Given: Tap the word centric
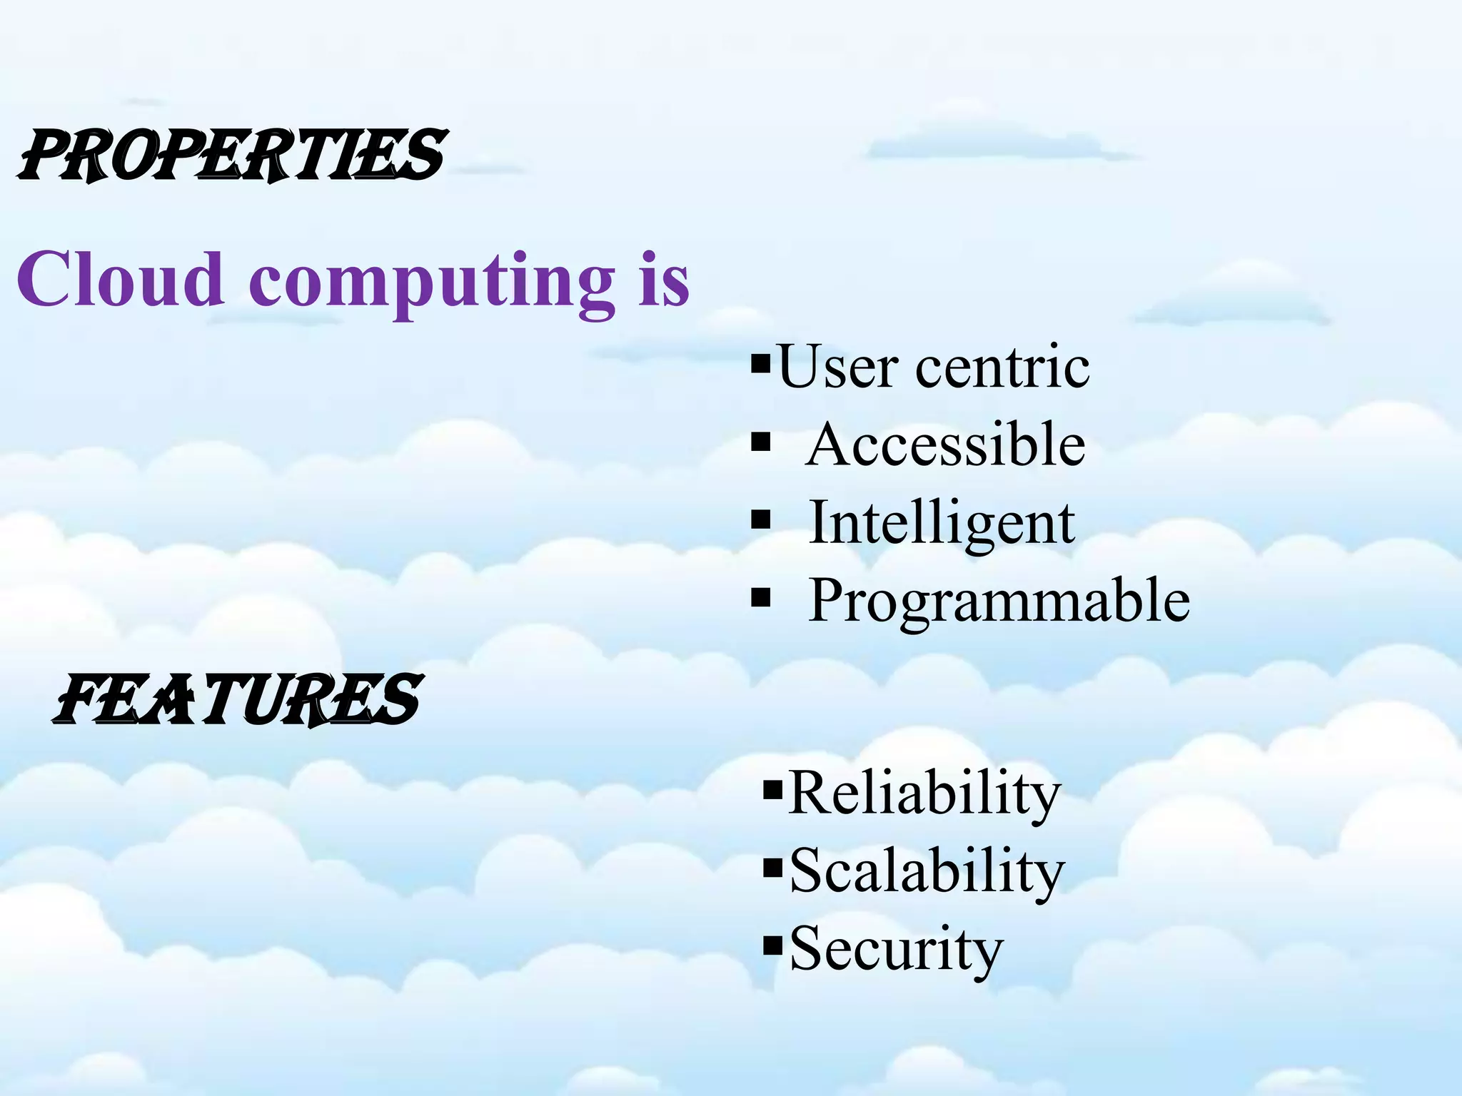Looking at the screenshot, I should tap(1002, 367).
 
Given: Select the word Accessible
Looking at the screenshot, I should tap(946, 445).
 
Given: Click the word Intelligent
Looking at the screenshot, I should tap(942, 522).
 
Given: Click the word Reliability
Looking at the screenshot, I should tap(924, 793).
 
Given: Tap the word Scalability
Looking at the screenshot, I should tap(927, 871).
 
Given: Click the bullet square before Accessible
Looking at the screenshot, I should tap(761, 444).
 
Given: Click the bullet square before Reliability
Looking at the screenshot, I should tap(773, 790).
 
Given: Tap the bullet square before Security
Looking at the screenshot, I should tap(773, 947).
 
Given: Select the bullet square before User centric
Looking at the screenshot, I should tap(762, 365).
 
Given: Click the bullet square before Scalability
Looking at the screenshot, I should tap(773, 868).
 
